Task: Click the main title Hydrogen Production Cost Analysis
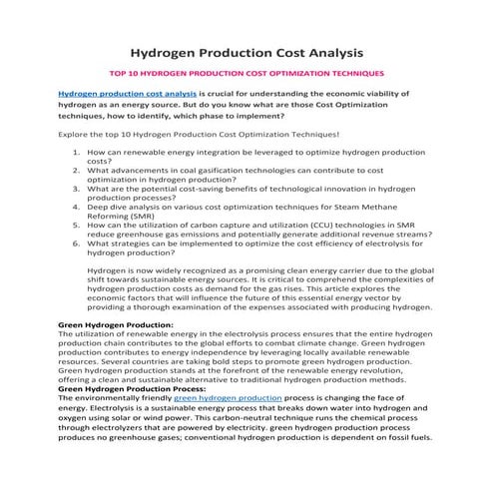point(247,52)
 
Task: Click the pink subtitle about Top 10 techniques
point(246,74)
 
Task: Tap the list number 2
point(78,170)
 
